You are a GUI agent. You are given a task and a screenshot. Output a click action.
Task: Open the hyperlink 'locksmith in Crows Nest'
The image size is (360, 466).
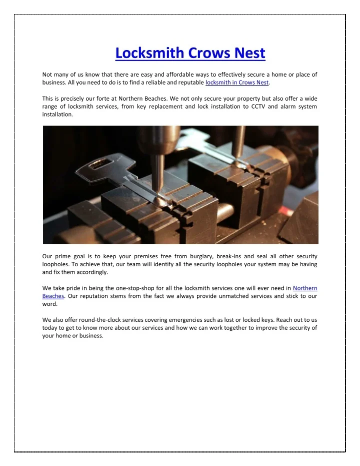click(237, 83)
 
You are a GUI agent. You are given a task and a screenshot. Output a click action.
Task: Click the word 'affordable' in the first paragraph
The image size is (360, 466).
click(182, 75)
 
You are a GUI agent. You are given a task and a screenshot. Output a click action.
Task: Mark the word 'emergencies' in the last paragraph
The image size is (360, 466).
click(183, 320)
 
